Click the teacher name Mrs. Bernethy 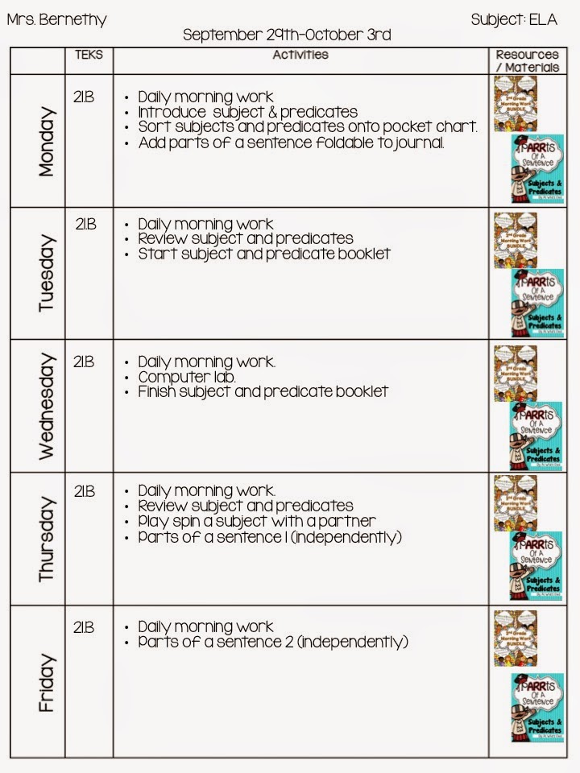pyautogui.click(x=56, y=20)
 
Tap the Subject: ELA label pyautogui.click(x=514, y=20)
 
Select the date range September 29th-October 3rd pyautogui.click(x=287, y=35)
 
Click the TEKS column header pyautogui.click(x=89, y=56)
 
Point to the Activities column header pyautogui.click(x=300, y=56)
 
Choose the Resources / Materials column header pyautogui.click(x=527, y=61)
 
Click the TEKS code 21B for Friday pyautogui.click(x=85, y=626)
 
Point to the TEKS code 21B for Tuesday pyautogui.click(x=86, y=225)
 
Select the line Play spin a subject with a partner pyautogui.click(x=257, y=521)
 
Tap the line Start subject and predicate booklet pyautogui.click(x=264, y=254)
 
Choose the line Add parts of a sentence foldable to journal pyautogui.click(x=291, y=143)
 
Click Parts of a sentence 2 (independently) pyautogui.click(x=273, y=642)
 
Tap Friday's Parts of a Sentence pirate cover pyautogui.click(x=537, y=707)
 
